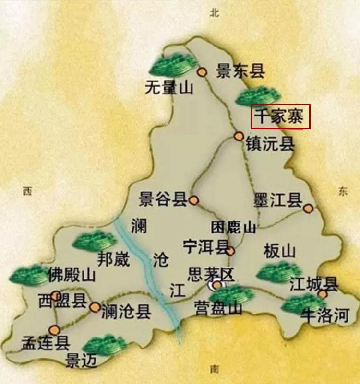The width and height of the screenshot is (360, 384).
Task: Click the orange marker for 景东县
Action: tap(202, 72)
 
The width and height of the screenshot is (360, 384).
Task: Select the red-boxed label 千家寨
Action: tap(281, 117)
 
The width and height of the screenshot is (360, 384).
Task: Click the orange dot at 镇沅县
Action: tap(239, 136)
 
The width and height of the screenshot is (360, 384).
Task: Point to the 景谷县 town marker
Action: tap(194, 200)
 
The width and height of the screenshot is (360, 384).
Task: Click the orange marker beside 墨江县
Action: tap(308, 208)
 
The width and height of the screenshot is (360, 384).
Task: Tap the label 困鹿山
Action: tap(234, 227)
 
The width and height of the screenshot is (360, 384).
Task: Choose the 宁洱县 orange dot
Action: tap(230, 250)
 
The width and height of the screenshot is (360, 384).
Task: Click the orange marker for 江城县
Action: tap(323, 293)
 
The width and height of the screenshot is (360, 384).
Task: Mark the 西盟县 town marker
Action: tap(56, 295)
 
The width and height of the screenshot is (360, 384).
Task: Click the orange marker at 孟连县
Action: tap(54, 329)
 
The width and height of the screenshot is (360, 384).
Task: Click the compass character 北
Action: tap(214, 13)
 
